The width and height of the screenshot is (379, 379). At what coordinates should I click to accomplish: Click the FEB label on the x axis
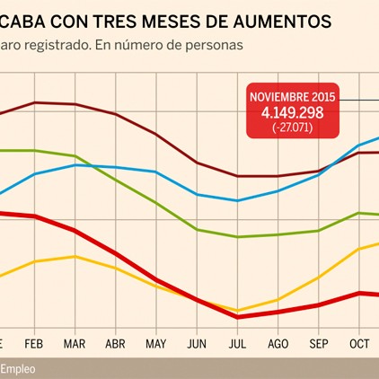tap(34, 343)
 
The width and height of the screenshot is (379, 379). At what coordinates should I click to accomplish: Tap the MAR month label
tap(75, 343)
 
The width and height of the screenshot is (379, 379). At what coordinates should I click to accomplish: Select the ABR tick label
tap(115, 343)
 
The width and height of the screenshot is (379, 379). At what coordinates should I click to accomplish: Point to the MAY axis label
tap(155, 343)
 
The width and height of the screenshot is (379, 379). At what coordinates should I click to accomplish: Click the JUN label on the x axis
tap(196, 343)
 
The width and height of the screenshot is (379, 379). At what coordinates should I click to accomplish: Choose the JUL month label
tap(237, 343)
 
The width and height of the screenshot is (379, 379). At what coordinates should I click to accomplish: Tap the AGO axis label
tap(278, 343)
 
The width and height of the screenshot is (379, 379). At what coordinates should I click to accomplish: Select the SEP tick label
tap(318, 343)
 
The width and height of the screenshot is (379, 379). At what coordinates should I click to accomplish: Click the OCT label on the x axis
tap(359, 343)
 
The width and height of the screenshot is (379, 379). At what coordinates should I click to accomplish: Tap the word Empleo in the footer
tap(18, 368)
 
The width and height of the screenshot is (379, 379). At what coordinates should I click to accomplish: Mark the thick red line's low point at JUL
tap(237, 317)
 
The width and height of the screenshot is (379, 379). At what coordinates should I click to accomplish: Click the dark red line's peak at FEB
tap(34, 102)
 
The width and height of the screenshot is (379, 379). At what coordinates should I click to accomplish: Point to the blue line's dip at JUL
tap(237, 200)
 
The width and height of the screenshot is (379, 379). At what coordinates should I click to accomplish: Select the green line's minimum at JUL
tap(237, 237)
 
